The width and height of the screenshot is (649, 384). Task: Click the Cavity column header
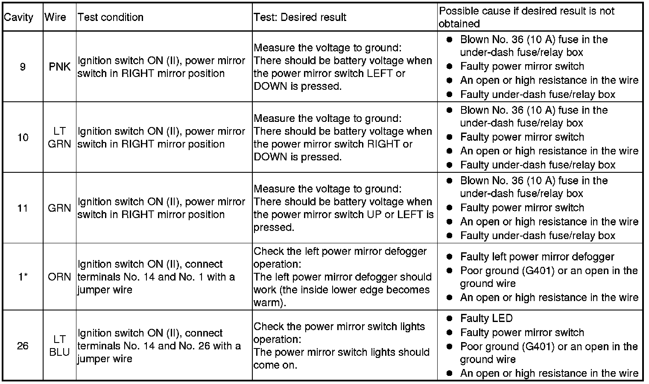pos(18,18)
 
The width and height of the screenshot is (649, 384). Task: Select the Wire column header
pos(56,18)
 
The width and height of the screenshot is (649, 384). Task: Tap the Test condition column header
pos(110,18)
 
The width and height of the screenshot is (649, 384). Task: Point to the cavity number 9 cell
pos(23,67)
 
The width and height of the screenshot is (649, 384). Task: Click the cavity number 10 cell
pos(23,137)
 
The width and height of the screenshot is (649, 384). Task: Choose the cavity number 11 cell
pos(23,208)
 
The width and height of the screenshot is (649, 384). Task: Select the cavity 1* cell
pos(23,277)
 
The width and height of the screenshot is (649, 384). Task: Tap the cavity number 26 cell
pos(23,346)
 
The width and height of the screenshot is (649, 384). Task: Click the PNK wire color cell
pos(59,67)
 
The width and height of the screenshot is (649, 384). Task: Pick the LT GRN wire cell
pos(59,137)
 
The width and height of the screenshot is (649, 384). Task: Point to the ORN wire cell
pos(59,277)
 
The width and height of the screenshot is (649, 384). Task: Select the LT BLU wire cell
pos(59,346)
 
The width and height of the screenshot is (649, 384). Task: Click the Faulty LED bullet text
pos(486,319)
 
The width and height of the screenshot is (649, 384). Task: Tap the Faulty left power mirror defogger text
pos(537,257)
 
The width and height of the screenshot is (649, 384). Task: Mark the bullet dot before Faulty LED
pos(449,319)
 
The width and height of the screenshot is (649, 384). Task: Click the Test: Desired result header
pos(300,18)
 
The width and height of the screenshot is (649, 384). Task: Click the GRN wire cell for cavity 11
pos(59,208)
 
